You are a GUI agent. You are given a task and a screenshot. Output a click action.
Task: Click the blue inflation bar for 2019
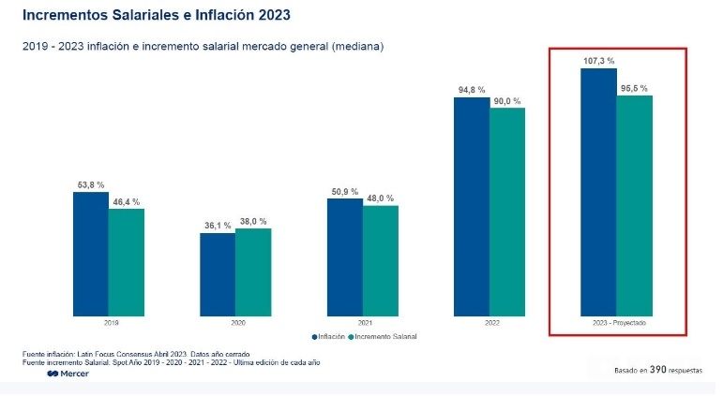pyautogui.click(x=91, y=253)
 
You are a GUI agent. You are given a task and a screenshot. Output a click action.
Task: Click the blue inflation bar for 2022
pyautogui.click(x=472, y=206)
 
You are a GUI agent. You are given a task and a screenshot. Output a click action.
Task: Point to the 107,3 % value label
pyautogui.click(x=597, y=61)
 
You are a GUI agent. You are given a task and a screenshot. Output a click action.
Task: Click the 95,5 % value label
pyautogui.click(x=634, y=88)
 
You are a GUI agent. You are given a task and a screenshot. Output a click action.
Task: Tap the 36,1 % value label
pyautogui.click(x=218, y=226)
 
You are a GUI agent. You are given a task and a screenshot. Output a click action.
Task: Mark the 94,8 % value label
pyautogui.click(x=472, y=90)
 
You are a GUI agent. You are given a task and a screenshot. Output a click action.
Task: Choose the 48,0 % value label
pyautogui.click(x=380, y=198)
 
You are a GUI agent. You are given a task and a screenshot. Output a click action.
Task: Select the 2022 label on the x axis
pyautogui.click(x=490, y=322)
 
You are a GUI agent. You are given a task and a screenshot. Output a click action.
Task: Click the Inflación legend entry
pyautogui.click(x=328, y=336)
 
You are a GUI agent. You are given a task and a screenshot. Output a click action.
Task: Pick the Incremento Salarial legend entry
pyautogui.click(x=384, y=336)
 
